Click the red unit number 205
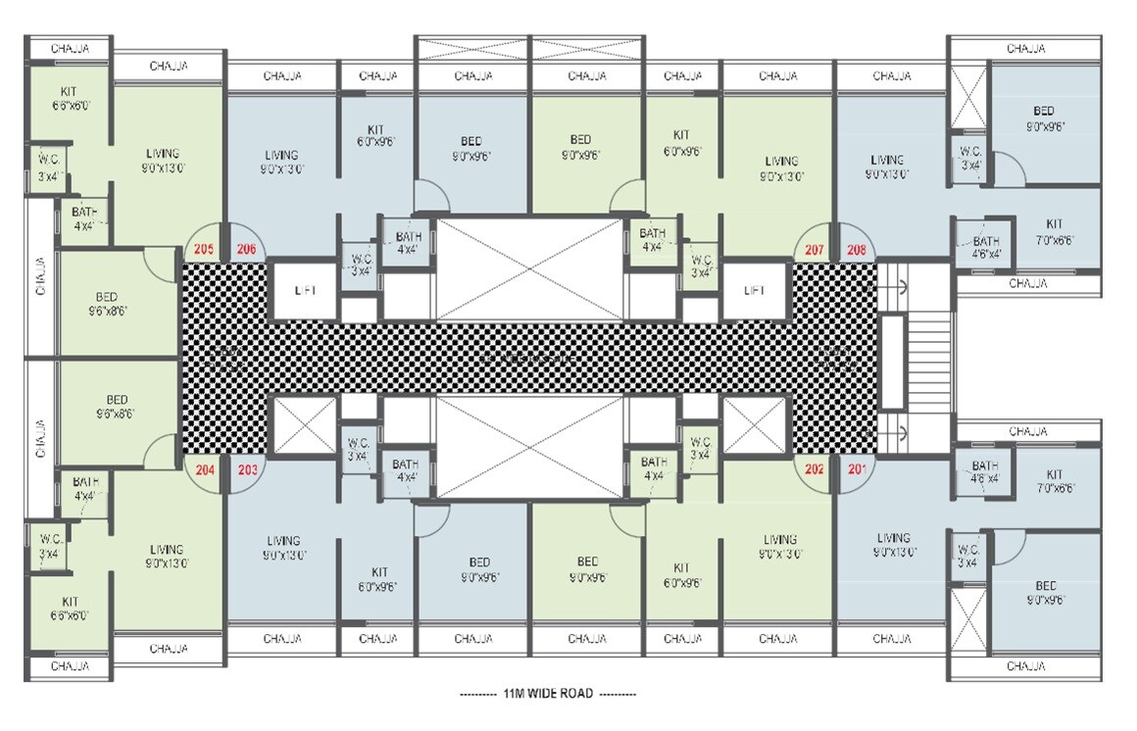click(x=204, y=249)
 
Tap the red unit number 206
click(x=246, y=249)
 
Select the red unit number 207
click(x=814, y=249)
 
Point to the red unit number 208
click(x=856, y=249)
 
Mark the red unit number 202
click(x=815, y=468)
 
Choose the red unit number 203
click(x=248, y=468)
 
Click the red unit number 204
click(x=205, y=468)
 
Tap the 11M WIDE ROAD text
click(x=548, y=694)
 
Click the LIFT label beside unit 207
click(x=755, y=290)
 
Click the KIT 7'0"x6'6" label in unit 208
click(x=1054, y=231)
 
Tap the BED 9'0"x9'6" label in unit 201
click(x=1045, y=593)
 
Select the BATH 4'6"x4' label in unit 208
click(x=986, y=247)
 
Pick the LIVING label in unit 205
click(x=163, y=160)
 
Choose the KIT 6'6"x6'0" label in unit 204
click(x=70, y=609)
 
